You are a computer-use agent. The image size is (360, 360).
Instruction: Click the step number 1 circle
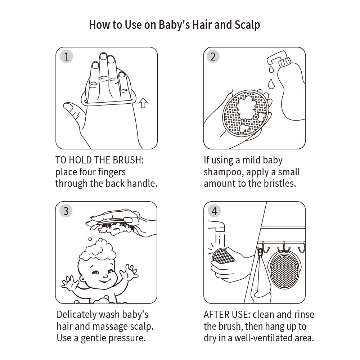click(x=66, y=57)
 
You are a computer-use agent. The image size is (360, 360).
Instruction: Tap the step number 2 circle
click(x=213, y=57)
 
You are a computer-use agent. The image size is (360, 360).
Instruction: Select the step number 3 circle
click(x=66, y=211)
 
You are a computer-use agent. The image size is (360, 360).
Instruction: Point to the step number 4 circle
click(x=214, y=211)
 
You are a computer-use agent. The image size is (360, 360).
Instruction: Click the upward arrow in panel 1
click(x=143, y=103)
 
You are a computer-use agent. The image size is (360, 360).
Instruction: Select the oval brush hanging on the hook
click(x=284, y=271)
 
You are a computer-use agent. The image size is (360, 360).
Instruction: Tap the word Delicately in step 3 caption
click(x=76, y=315)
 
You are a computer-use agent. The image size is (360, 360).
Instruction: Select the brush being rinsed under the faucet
click(x=223, y=256)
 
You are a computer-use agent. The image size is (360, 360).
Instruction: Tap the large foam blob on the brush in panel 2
click(x=246, y=107)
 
